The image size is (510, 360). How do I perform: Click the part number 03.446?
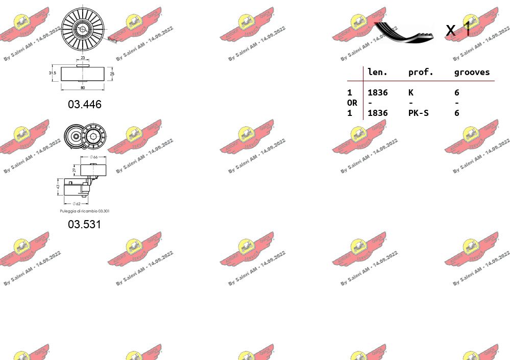pos(85,104)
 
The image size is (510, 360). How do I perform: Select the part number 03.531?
pos(85,224)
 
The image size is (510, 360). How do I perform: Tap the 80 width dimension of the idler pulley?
pos(82,87)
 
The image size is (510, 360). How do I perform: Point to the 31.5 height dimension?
pos(52,73)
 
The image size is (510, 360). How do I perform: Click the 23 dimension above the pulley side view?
pos(83,58)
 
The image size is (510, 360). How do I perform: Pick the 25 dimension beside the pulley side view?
pos(112,74)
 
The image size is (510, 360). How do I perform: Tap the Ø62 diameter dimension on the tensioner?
pos(77,204)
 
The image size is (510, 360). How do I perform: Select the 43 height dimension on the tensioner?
pos(58,187)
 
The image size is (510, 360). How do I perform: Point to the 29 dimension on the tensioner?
pos(74,170)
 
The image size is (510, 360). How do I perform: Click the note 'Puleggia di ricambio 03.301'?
pos(84,211)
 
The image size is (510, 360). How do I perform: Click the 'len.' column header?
pos(378,73)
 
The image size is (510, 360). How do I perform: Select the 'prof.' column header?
pos(421,73)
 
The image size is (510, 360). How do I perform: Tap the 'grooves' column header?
pos(472,73)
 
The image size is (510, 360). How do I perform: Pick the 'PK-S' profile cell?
pos(418,113)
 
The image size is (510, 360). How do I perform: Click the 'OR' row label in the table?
pos(352,103)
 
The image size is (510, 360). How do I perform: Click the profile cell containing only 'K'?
pos(411,92)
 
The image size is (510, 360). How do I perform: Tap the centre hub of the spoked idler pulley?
pos(82,29)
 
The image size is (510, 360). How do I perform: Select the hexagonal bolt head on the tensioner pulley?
pos(93,136)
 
